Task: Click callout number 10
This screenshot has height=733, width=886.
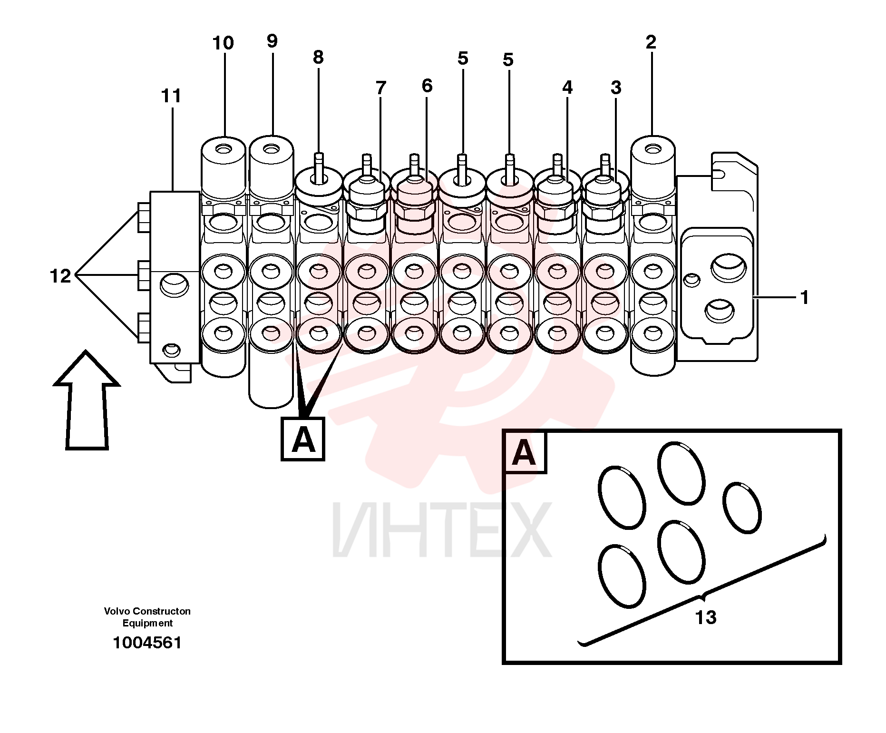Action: tap(223, 43)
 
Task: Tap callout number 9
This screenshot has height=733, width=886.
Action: tap(272, 41)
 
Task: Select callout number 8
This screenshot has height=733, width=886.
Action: tap(318, 58)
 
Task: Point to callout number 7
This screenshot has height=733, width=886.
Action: tap(380, 88)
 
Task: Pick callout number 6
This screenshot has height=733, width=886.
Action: tap(427, 86)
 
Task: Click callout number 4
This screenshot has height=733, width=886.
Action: tap(567, 88)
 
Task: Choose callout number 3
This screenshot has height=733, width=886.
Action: tap(616, 88)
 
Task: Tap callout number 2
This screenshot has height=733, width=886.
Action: tap(651, 42)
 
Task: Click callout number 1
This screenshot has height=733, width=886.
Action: tap(804, 298)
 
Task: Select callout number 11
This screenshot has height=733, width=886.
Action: tap(171, 97)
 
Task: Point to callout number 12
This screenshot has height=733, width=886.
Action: tap(60, 276)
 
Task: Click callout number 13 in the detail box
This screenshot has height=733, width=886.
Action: tap(706, 617)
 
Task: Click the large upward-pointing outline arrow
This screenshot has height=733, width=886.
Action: tap(86, 400)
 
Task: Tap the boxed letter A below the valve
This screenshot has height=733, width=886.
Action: tap(303, 439)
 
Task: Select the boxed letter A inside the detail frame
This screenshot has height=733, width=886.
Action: tap(525, 452)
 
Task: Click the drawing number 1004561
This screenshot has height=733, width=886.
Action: tap(147, 643)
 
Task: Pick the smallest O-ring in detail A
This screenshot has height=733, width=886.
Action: tap(742, 508)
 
